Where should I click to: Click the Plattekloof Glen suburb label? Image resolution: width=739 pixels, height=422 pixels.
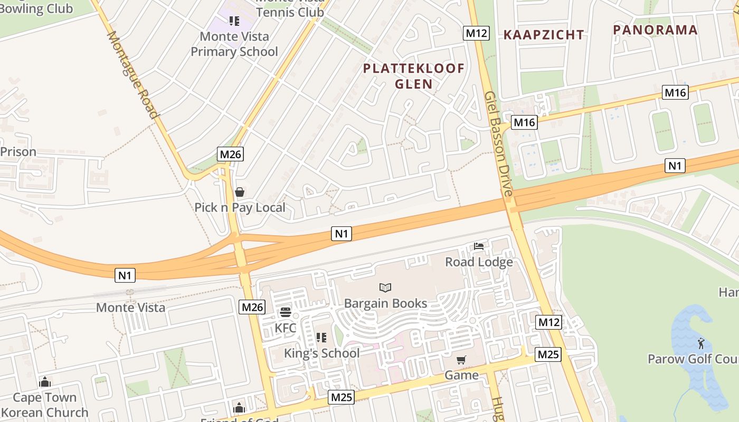coord(414,76)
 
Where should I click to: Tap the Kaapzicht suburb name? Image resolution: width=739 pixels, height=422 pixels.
coord(544,35)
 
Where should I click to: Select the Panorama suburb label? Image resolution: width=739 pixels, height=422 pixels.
coord(655,30)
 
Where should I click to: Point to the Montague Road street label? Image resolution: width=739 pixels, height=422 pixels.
coord(132,75)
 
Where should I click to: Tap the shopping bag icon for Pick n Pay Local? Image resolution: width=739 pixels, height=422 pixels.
coord(240,192)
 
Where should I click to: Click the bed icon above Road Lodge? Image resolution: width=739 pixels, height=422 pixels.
coord(479,246)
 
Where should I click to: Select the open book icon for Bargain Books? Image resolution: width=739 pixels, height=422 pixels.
coord(385,287)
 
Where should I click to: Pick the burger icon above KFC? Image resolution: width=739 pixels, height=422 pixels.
coord(286,312)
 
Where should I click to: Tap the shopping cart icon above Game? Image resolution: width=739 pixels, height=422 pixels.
coord(461,360)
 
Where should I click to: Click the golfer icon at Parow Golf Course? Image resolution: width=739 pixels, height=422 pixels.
coord(700,343)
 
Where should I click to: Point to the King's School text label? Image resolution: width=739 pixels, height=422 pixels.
coord(322,353)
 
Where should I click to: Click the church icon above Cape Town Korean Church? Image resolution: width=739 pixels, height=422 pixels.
coord(45,381)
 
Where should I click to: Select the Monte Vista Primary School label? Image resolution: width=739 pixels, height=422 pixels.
coord(234,44)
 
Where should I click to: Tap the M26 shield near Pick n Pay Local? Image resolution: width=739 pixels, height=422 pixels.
coord(231,154)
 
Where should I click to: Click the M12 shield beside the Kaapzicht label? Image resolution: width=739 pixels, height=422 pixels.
coord(477,33)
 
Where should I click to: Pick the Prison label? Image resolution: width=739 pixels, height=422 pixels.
coord(18,152)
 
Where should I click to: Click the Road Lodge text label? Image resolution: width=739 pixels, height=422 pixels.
coord(479,262)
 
